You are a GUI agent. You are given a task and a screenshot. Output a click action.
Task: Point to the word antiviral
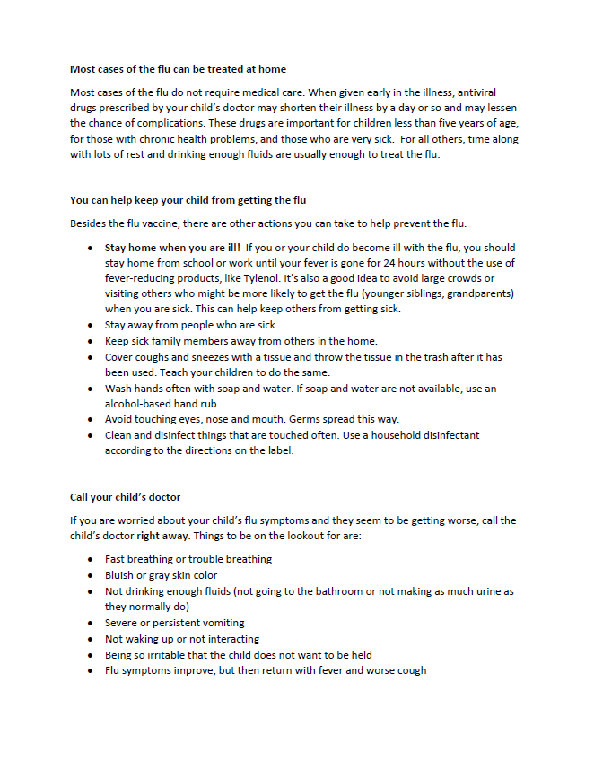(x=472, y=92)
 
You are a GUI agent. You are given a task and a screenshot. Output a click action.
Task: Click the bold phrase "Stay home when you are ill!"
(x=171, y=247)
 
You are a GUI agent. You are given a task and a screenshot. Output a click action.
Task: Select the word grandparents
(x=481, y=293)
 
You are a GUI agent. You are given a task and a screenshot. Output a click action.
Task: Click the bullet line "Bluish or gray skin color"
(x=161, y=575)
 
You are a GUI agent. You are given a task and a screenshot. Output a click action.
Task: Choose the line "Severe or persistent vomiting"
(x=174, y=623)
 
